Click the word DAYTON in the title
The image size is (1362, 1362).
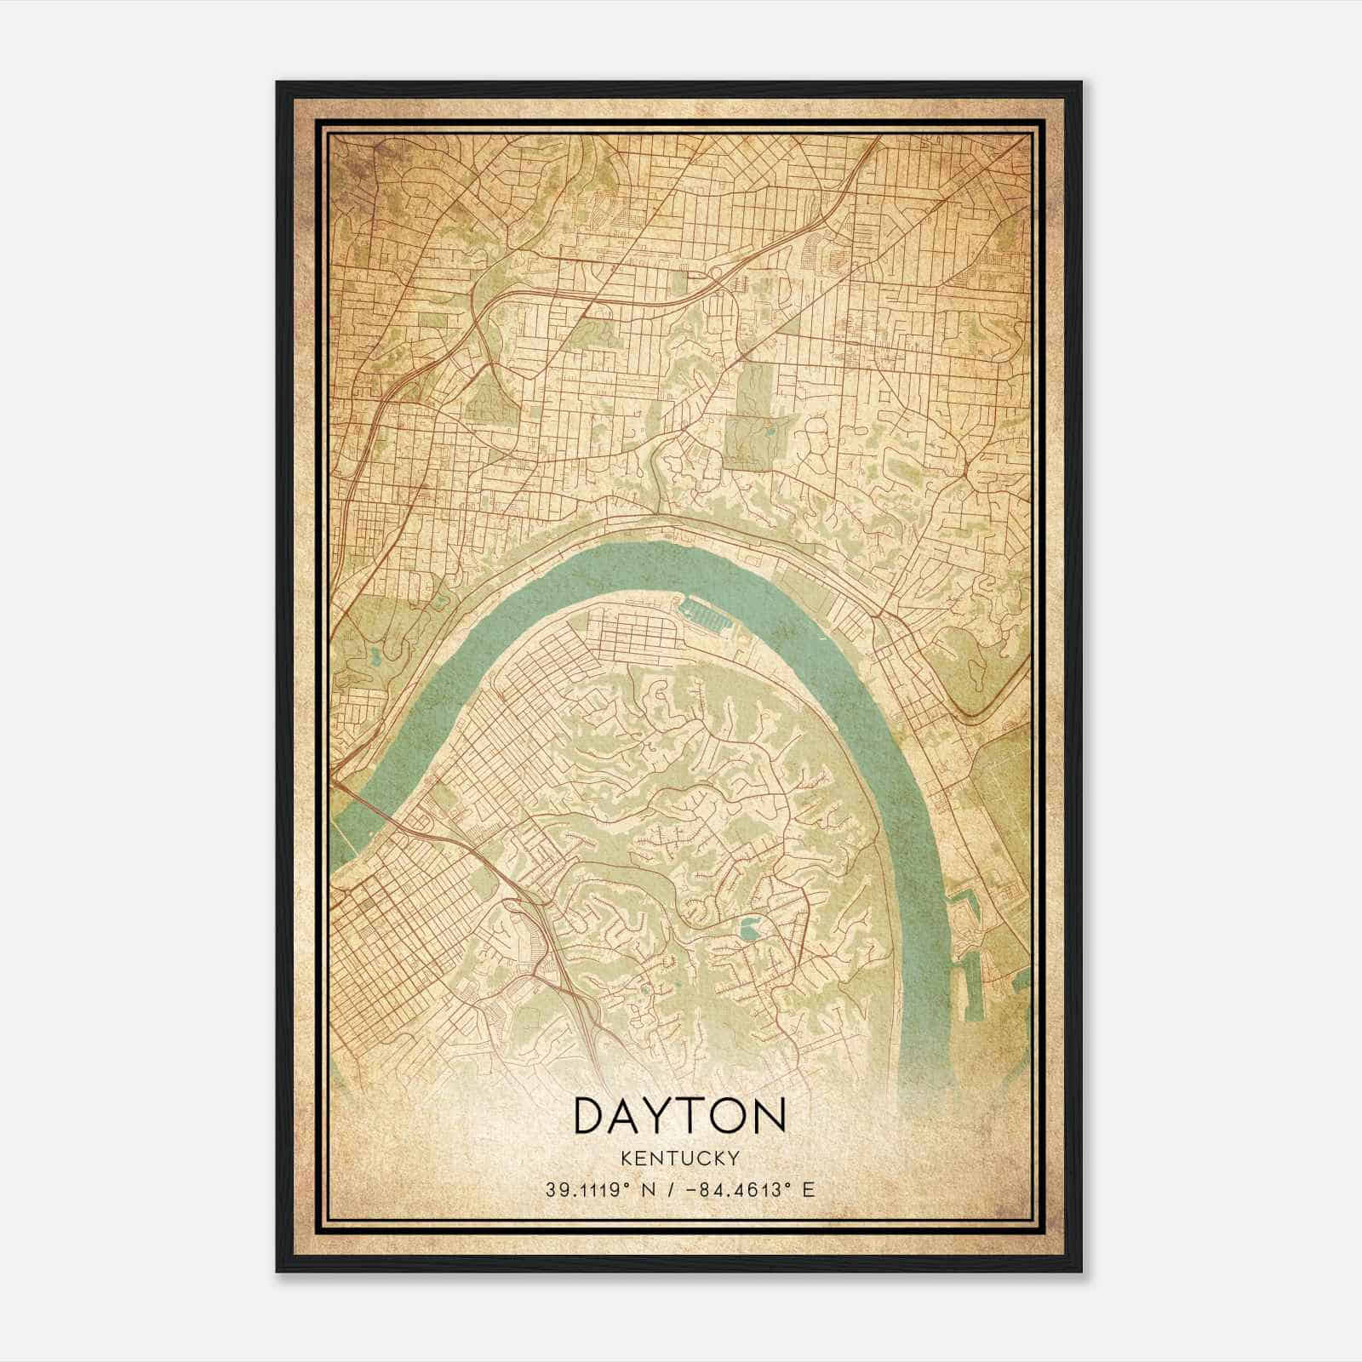(680, 1116)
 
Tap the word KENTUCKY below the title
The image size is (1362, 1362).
(680, 1158)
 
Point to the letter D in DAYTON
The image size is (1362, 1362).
(592, 1116)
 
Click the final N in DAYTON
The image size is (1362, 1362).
(769, 1116)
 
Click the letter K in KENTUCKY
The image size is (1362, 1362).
(627, 1158)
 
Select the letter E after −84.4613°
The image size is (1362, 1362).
(809, 1189)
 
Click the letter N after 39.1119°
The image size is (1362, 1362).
(650, 1189)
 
